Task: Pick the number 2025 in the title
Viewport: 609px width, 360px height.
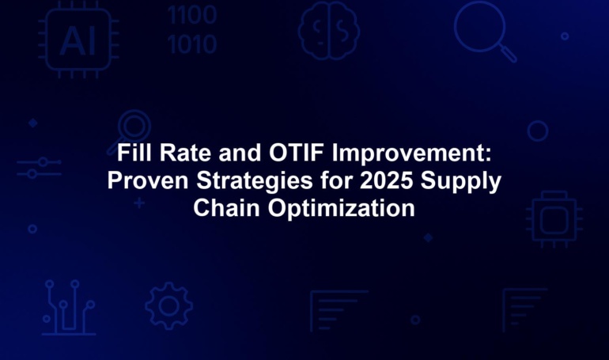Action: tap(386, 180)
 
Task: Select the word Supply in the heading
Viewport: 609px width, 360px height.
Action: tap(461, 182)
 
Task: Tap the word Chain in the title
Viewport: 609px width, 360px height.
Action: tap(226, 208)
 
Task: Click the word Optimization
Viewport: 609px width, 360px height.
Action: tap(342, 210)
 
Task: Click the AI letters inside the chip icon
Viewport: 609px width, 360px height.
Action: tap(78, 41)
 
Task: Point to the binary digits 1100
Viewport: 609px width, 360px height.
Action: tap(192, 15)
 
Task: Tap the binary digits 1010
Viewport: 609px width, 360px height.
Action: tap(192, 44)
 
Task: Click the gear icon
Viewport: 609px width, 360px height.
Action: tap(169, 306)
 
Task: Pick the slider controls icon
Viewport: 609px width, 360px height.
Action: tap(40, 168)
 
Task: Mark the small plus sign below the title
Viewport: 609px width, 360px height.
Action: tap(139, 203)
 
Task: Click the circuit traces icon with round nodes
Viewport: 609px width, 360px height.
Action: tap(69, 307)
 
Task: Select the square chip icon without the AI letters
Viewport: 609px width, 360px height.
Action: tap(554, 219)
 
